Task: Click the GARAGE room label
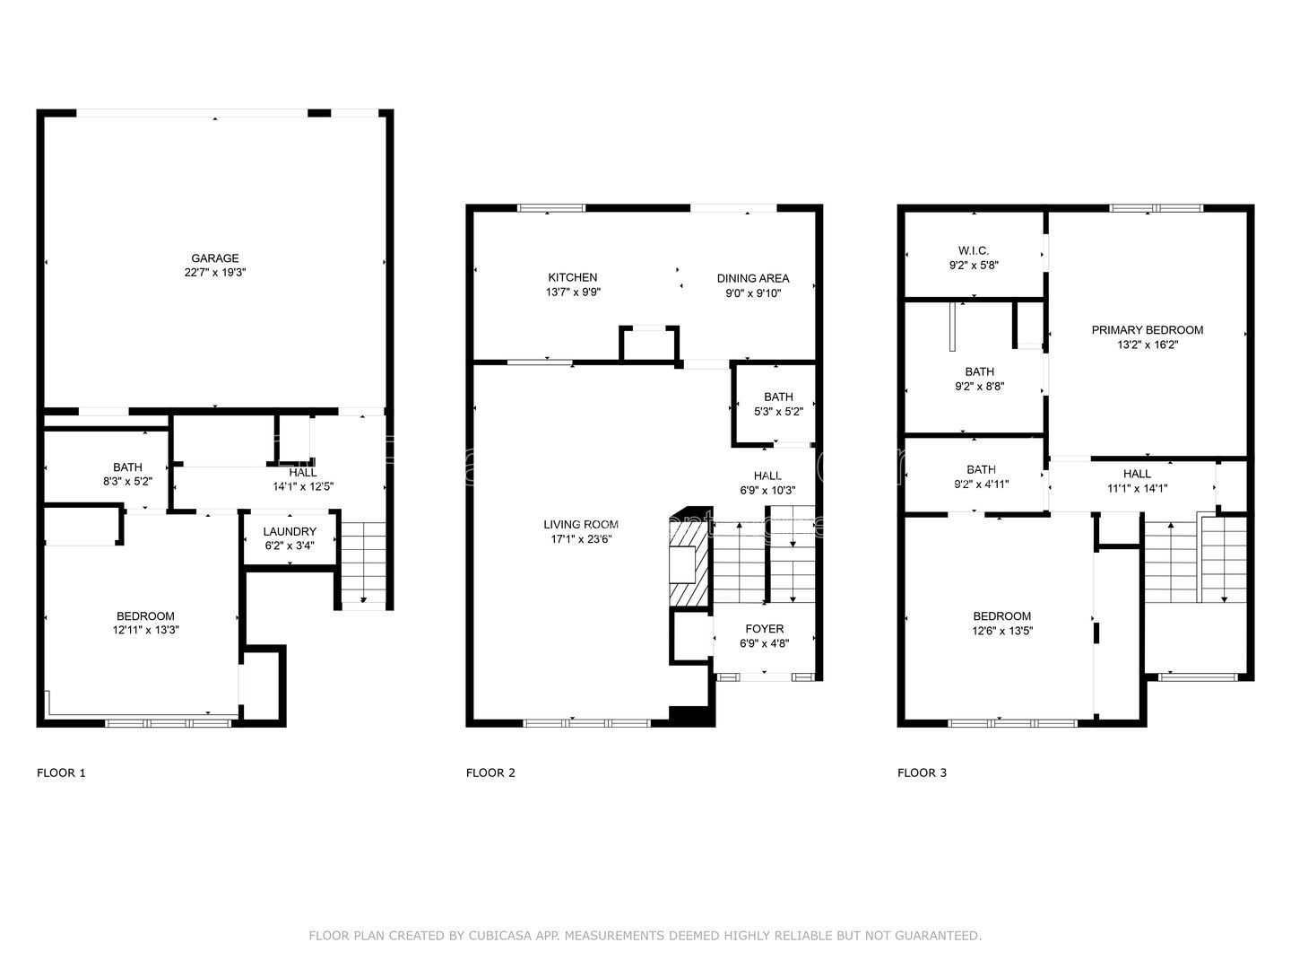[214, 258]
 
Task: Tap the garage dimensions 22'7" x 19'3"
[214, 272]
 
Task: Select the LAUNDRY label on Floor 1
[290, 531]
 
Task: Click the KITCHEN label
[572, 277]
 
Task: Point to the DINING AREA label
[752, 278]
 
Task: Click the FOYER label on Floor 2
[764, 629]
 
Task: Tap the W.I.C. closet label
[973, 251]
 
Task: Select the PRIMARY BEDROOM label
[1147, 330]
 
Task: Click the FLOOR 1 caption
[61, 773]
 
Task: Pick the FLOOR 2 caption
[490, 773]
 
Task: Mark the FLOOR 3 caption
[922, 773]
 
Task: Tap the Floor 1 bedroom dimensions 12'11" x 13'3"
[145, 630]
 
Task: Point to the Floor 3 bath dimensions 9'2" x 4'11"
[981, 484]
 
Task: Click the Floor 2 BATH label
[778, 397]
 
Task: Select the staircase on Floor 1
[363, 561]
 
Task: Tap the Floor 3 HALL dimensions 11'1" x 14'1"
[1137, 488]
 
